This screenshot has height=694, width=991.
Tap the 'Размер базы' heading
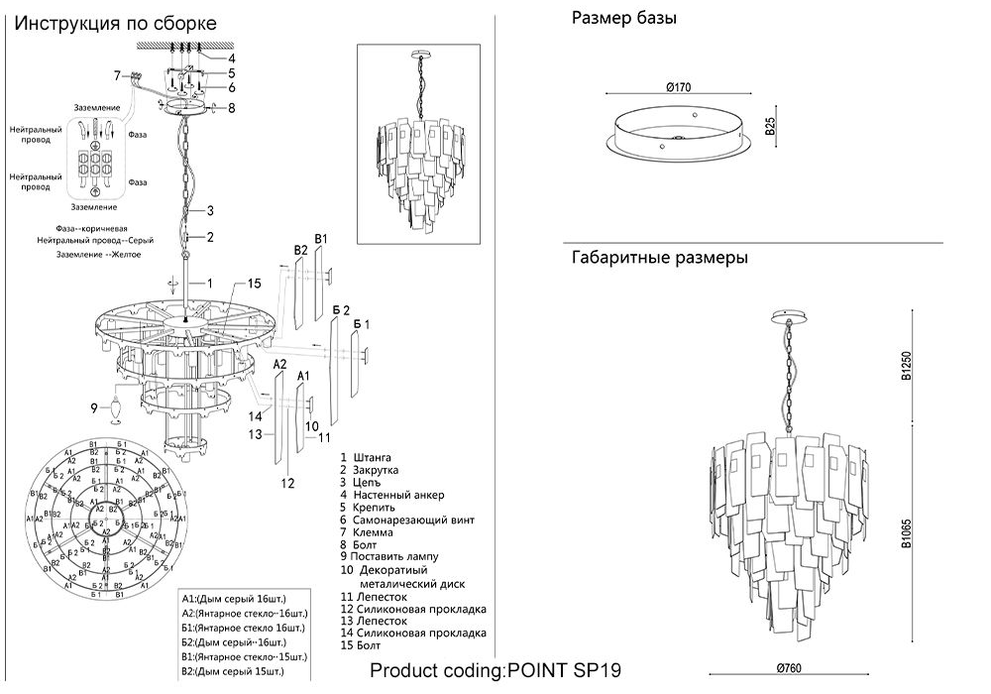tap(624, 19)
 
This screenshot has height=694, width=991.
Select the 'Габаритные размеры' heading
tap(659, 259)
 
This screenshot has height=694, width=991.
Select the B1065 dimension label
tap(905, 536)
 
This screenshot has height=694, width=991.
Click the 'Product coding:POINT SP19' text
tap(495, 670)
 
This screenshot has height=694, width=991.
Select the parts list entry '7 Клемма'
tap(367, 532)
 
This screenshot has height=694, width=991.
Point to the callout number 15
tap(254, 284)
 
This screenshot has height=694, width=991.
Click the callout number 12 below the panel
tap(288, 483)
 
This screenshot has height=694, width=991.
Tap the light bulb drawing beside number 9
tap(116, 407)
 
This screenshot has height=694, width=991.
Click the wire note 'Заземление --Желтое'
tap(98, 255)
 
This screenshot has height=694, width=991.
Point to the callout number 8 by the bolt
tap(231, 108)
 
